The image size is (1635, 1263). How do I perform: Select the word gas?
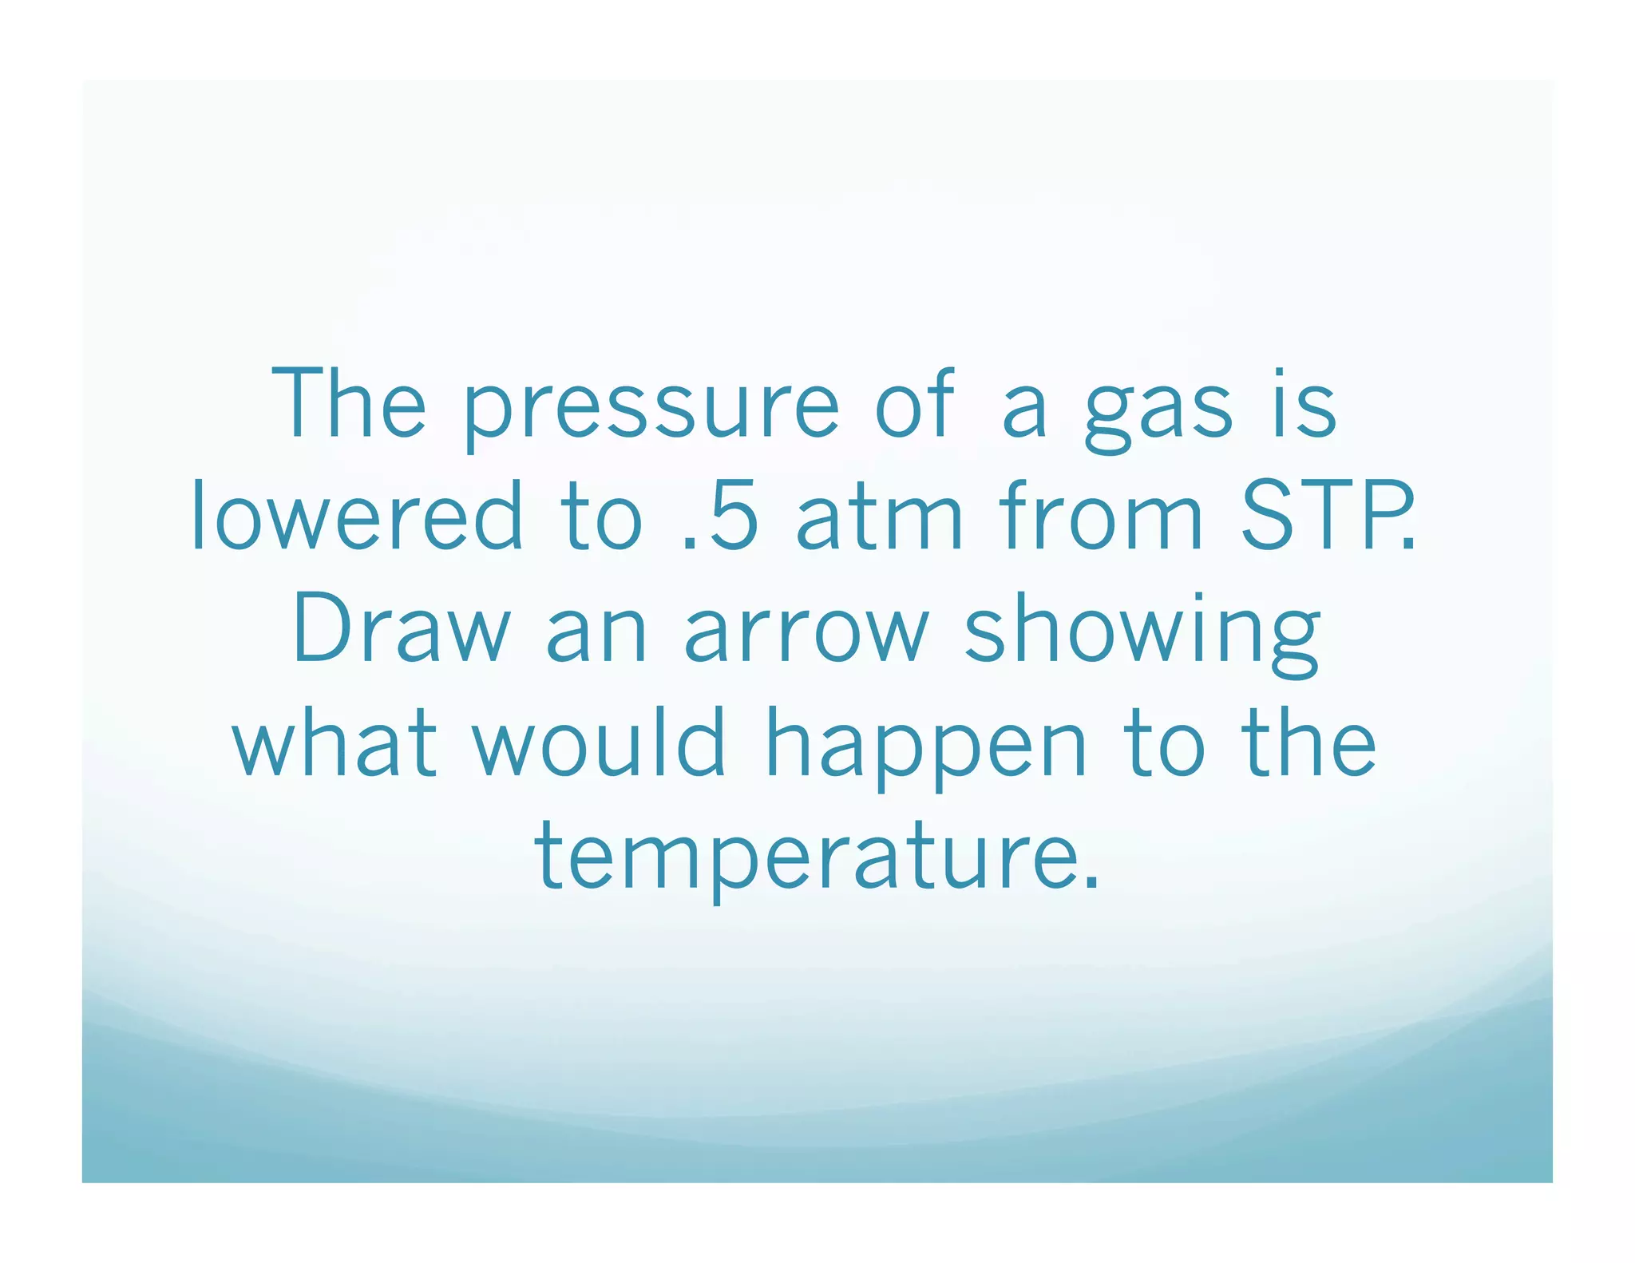[1158, 411]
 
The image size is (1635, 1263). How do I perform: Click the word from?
[1101, 517]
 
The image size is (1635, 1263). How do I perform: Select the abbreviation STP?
[1325, 517]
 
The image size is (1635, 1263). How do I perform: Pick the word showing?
[1142, 635]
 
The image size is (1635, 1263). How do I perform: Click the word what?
[335, 742]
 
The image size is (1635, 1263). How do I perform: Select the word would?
[599, 742]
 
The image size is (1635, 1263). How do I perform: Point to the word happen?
[926, 746]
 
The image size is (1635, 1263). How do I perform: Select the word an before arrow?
[596, 635]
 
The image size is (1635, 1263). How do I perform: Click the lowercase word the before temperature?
[1308, 742]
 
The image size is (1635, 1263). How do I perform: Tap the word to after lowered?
[603, 519]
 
